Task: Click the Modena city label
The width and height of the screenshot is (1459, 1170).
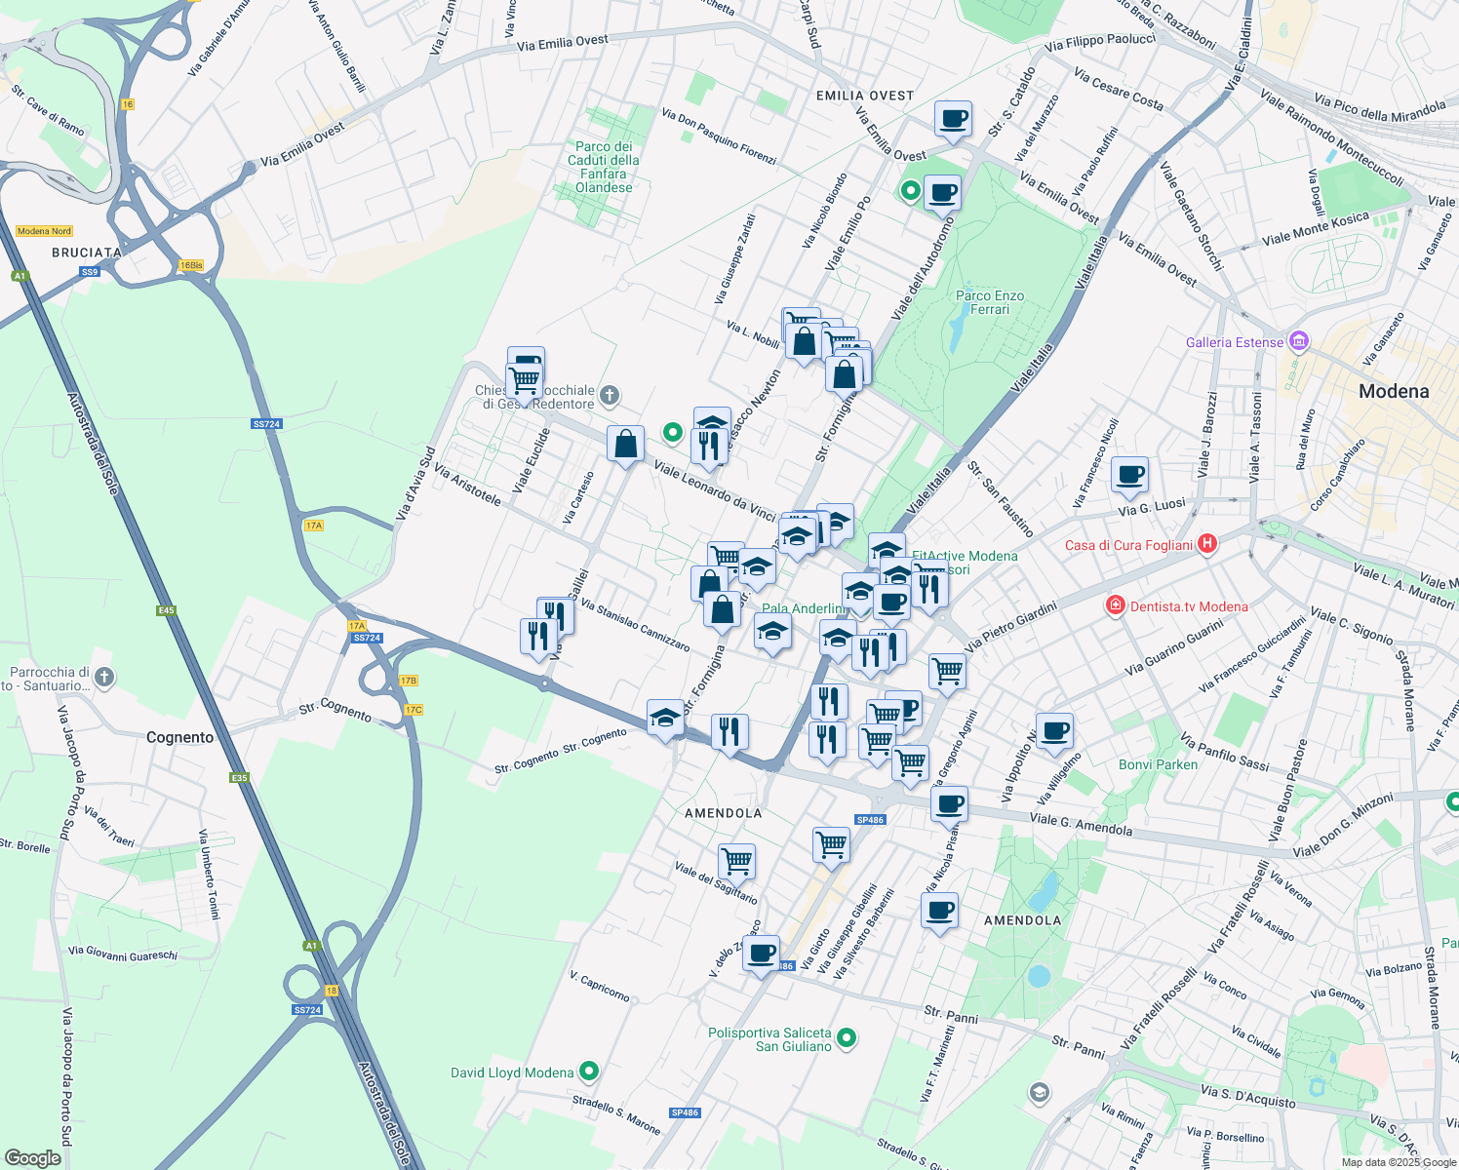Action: point(1393,391)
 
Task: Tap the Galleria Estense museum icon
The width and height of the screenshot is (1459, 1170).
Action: point(1298,342)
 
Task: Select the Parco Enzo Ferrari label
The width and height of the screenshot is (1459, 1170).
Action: point(989,302)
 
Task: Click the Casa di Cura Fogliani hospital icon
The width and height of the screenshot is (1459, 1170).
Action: point(1207,544)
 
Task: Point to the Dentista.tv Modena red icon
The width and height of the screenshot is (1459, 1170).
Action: point(1115,606)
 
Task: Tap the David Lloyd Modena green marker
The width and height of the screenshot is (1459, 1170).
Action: point(588,1072)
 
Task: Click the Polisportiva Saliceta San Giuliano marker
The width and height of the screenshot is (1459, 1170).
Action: point(847,1038)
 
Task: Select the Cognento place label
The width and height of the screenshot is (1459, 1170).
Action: point(179,737)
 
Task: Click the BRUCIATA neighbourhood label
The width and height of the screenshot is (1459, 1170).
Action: point(86,253)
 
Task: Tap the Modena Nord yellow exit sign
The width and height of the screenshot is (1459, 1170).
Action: point(44,231)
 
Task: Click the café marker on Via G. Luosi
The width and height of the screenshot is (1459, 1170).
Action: point(1129,476)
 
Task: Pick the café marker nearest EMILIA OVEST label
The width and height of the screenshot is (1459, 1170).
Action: point(953,120)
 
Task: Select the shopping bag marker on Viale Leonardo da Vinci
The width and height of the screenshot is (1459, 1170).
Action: point(625,445)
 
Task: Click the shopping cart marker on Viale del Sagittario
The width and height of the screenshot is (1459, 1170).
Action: point(736,862)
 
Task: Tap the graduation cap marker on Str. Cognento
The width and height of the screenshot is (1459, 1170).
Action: point(665,719)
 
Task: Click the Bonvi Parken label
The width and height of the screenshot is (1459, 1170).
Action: point(1158,764)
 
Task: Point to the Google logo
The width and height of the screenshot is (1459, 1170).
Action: point(32,1158)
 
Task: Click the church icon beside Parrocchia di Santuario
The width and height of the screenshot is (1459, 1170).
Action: point(104,677)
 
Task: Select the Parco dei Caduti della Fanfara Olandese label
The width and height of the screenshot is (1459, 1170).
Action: point(604,167)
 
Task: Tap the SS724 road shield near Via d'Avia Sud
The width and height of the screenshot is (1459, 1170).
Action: point(266,424)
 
